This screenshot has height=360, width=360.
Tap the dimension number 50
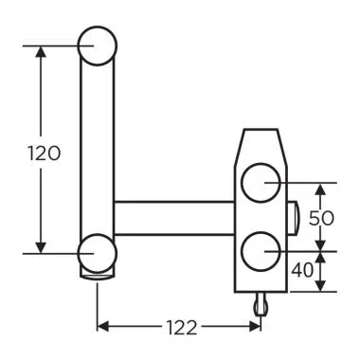[x=324, y=217]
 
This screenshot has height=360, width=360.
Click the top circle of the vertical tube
[x=99, y=45]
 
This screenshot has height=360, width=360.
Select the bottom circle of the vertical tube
[x=99, y=253]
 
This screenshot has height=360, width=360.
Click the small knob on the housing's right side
[x=295, y=217]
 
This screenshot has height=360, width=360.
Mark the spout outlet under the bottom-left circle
[x=98, y=276]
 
